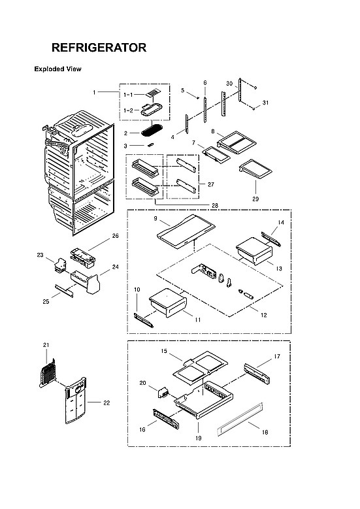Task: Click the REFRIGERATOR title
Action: pos(99,48)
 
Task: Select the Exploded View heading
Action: pos(57,69)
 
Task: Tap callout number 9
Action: pos(157,218)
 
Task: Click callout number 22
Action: pos(106,403)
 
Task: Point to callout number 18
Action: pos(264,432)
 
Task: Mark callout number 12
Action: pos(264,316)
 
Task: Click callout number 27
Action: pos(210,184)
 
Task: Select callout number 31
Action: pos(265,103)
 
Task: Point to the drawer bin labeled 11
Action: pos(167,304)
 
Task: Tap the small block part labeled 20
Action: pos(161,393)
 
